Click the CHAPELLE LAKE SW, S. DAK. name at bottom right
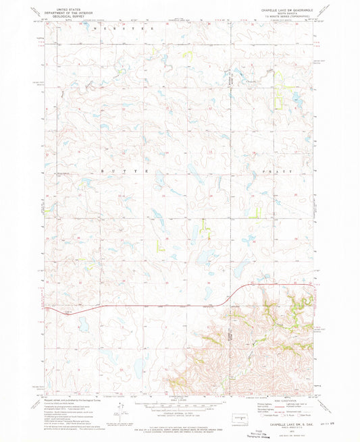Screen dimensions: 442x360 click(287, 424)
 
